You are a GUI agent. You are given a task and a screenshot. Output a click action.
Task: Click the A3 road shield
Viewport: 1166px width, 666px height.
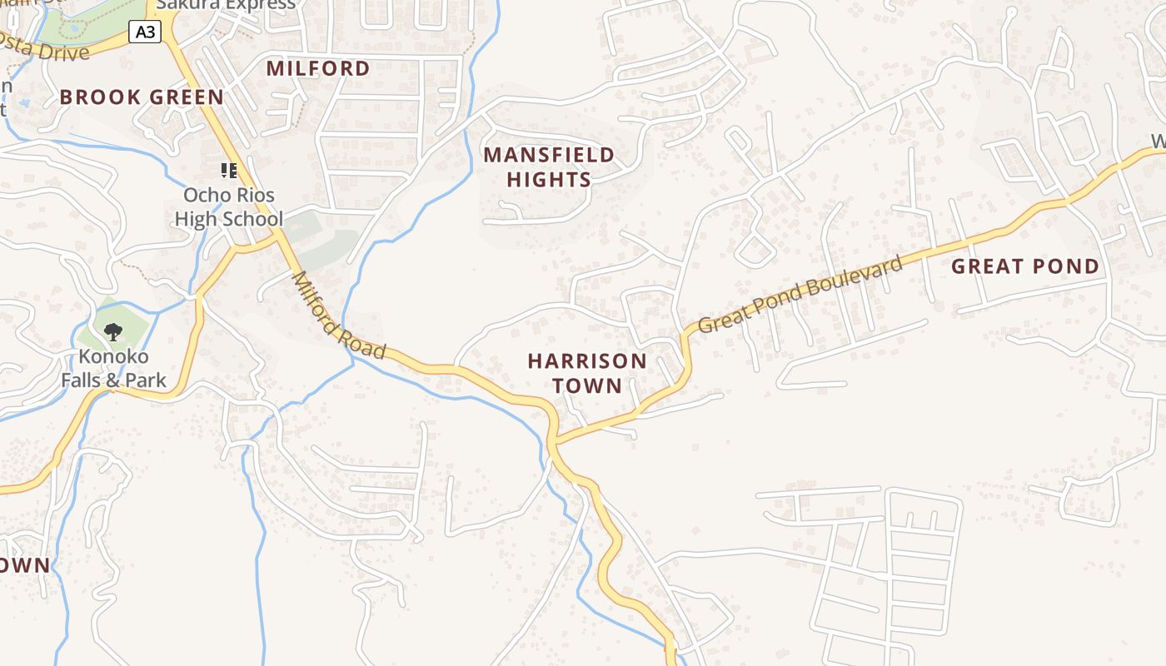pyautogui.click(x=145, y=32)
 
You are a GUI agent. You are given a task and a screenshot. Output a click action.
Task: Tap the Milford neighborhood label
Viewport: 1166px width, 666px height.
pyautogui.click(x=318, y=68)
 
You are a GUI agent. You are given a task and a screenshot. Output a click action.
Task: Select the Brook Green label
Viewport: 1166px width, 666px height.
pyautogui.click(x=142, y=97)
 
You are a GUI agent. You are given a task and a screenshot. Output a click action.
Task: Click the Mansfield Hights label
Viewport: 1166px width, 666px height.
pyautogui.click(x=549, y=166)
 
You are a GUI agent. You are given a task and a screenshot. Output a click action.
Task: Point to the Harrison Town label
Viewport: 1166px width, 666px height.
pyautogui.click(x=587, y=373)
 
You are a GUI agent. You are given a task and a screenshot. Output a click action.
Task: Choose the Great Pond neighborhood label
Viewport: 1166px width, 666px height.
pyautogui.click(x=1025, y=266)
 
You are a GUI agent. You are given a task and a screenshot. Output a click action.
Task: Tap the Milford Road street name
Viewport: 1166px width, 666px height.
pyautogui.click(x=339, y=316)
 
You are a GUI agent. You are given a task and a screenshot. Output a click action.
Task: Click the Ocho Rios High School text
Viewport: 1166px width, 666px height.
pyautogui.click(x=228, y=207)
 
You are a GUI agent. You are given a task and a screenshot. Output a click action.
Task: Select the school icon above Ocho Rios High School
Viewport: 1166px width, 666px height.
pyautogui.click(x=229, y=171)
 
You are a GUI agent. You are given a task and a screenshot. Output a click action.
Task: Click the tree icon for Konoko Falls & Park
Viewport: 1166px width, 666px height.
pyautogui.click(x=113, y=332)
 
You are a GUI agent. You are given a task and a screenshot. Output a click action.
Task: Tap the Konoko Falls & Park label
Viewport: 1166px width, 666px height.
pyautogui.click(x=113, y=369)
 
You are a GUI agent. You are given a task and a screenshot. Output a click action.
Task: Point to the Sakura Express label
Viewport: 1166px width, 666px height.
pyautogui.click(x=226, y=5)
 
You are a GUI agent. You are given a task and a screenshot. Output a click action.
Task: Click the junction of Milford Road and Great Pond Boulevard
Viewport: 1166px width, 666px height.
pyautogui.click(x=554, y=440)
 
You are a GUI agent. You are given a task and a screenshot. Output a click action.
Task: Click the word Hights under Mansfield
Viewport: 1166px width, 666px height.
pyautogui.click(x=549, y=180)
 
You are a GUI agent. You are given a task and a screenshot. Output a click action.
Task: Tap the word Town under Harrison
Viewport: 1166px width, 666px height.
pyautogui.click(x=587, y=385)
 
